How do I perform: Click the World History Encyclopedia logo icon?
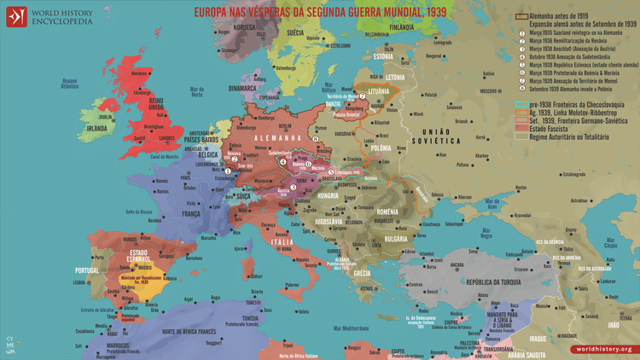[16, 16]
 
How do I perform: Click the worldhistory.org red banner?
[603, 349]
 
